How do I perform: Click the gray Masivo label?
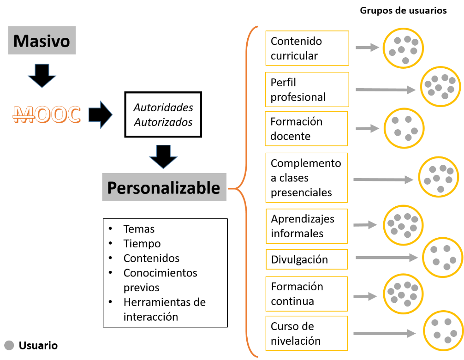click(x=42, y=41)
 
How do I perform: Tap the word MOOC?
click(x=47, y=115)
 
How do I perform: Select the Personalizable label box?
click(x=164, y=187)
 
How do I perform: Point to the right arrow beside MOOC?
click(x=100, y=114)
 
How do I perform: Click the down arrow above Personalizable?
click(x=163, y=157)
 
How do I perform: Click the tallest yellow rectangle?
click(x=306, y=178)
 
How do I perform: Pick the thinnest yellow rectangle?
click(x=307, y=259)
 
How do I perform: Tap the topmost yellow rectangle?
click(x=307, y=48)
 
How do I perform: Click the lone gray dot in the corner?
click(x=9, y=345)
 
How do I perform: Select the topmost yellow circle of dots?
click(x=403, y=48)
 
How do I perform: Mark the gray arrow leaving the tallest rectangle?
click(x=383, y=179)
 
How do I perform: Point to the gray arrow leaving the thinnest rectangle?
click(x=386, y=258)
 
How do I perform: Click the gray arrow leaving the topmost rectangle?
click(x=367, y=47)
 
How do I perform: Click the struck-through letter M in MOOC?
click(x=22, y=115)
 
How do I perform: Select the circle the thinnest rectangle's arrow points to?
click(x=442, y=258)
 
